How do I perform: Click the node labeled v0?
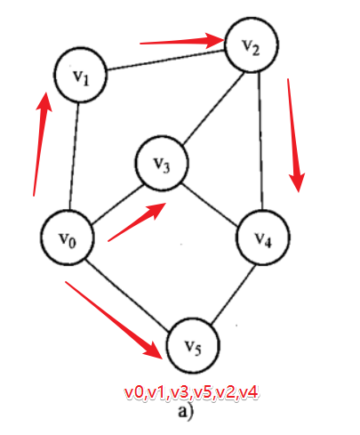pyautogui.click(x=68, y=238)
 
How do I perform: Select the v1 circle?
pyautogui.click(x=80, y=75)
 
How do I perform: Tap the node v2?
pyautogui.click(x=252, y=44)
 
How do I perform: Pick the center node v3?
pyautogui.click(x=162, y=163)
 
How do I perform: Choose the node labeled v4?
pyautogui.click(x=263, y=238)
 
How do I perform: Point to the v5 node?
pyautogui.click(x=193, y=345)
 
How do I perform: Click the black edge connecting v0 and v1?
pyautogui.click(x=74, y=157)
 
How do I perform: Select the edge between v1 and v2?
pyautogui.click(x=166, y=60)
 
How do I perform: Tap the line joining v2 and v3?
pyautogui.click(x=214, y=109)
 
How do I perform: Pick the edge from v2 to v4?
pyautogui.click(x=260, y=141)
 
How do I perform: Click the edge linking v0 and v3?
pyautogui.click(x=118, y=205)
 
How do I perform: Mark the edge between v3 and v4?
pyautogui.click(x=211, y=205)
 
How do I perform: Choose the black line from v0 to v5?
pyautogui.click(x=127, y=295)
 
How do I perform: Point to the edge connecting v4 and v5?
pyautogui.click(x=233, y=294)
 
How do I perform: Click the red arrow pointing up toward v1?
pyautogui.click(x=43, y=144)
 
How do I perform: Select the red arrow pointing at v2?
pyautogui.click(x=181, y=41)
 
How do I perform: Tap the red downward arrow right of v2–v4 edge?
pyautogui.click(x=295, y=135)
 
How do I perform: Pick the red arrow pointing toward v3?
pyautogui.click(x=137, y=222)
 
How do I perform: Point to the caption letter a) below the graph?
pyautogui.click(x=185, y=412)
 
